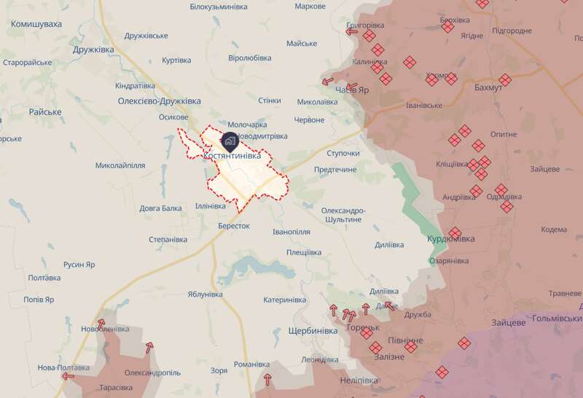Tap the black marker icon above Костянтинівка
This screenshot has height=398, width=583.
pyautogui.click(x=230, y=141)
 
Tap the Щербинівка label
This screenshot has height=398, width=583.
pyautogui.click(x=313, y=331)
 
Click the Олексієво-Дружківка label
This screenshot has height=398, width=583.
pyautogui.click(x=159, y=101)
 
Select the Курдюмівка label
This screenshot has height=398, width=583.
pyautogui.click(x=450, y=238)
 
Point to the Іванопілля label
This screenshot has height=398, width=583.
pyautogui.click(x=291, y=232)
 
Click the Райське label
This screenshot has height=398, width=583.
pyautogui.click(x=45, y=112)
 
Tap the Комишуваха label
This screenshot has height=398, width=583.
pyautogui.click(x=36, y=24)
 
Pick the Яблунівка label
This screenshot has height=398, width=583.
pyautogui.click(x=205, y=294)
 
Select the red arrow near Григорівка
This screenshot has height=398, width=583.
pyautogui.click(x=352, y=31)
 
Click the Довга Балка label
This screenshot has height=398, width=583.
pyautogui.click(x=161, y=208)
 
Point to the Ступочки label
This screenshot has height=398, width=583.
pyautogui.click(x=343, y=154)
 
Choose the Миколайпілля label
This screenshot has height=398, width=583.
pyautogui.click(x=120, y=165)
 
